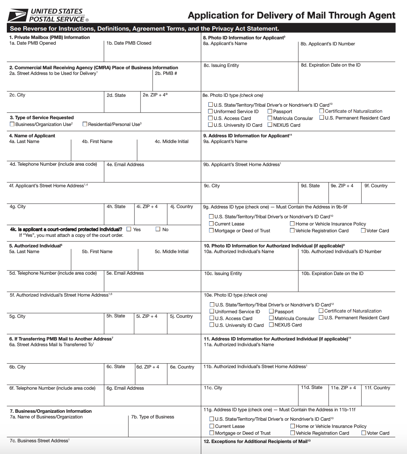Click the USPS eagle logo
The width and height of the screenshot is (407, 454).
point(17,16)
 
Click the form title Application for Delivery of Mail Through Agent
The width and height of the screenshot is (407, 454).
point(291,16)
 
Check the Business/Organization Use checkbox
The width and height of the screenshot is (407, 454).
point(12,124)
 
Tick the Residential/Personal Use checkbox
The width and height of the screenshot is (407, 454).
point(85,124)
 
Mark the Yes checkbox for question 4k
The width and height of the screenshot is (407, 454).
point(129,229)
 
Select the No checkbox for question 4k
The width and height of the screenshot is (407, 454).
point(158,229)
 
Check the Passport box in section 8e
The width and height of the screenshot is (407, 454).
point(270,111)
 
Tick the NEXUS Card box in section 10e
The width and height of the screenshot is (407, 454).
point(271,325)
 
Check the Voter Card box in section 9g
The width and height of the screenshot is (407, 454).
point(363,230)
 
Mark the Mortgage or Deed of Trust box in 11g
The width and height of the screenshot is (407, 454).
point(212,433)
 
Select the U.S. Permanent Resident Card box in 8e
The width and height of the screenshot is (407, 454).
point(322,118)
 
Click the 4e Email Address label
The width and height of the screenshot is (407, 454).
point(125,165)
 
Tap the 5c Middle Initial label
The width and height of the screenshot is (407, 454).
point(171,252)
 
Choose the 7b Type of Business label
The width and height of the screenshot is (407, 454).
point(153,417)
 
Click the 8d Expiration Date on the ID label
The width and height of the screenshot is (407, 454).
point(331,65)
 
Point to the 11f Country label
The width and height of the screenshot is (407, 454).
point(377,388)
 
